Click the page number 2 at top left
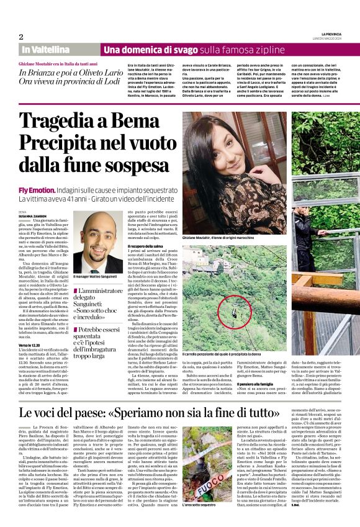(21, 37)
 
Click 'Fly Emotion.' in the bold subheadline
(36, 188)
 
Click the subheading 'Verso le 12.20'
(30, 345)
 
